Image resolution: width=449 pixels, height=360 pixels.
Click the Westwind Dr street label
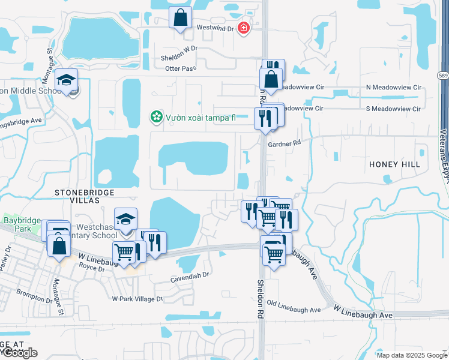point(214,28)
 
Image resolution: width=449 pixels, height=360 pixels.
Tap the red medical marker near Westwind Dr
point(243,28)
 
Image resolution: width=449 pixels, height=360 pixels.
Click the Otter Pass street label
point(181,68)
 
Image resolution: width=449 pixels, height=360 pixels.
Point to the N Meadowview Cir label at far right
point(393,87)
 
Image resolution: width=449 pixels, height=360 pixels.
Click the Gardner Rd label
point(284,144)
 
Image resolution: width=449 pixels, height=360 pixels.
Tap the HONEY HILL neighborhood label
point(394,164)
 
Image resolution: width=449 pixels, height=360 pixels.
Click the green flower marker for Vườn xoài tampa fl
point(157,116)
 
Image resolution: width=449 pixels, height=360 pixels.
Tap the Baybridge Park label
point(18,225)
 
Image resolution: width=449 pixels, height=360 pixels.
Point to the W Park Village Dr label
point(137,298)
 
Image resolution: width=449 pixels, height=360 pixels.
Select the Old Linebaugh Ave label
point(294,310)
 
